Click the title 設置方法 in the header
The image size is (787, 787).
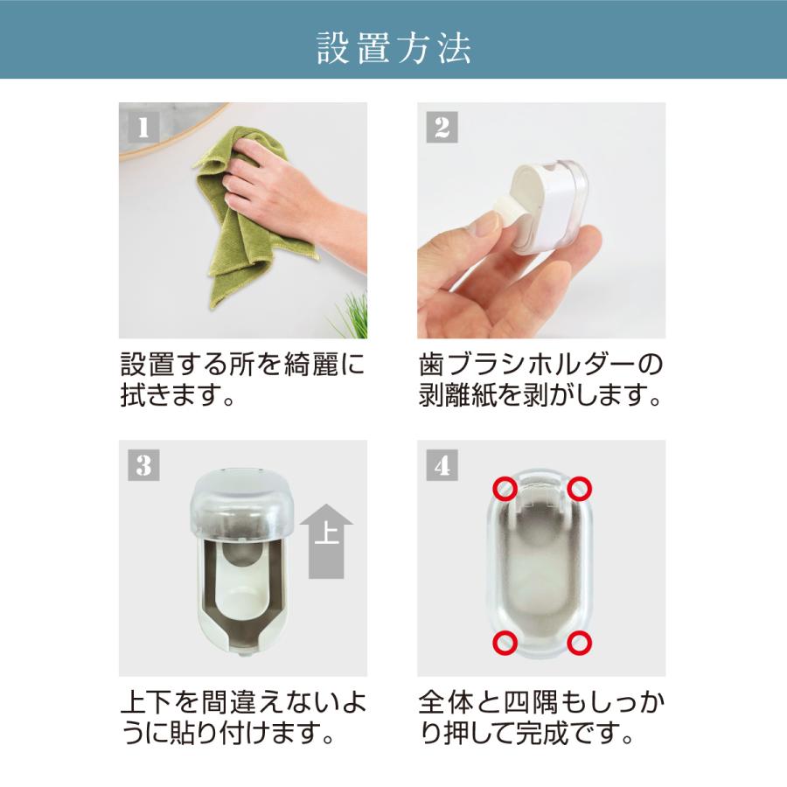point(393,48)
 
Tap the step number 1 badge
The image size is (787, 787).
point(143,127)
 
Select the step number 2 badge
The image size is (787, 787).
point(442,127)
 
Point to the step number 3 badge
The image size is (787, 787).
point(143,465)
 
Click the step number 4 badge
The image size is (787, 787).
point(442,465)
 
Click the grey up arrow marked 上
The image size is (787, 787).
point(326,541)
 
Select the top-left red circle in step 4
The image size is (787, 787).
point(505,488)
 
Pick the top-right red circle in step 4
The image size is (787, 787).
point(580,488)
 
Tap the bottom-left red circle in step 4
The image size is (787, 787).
point(505,643)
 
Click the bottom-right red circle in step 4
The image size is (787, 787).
point(580,643)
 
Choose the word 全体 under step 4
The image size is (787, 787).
point(446,702)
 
